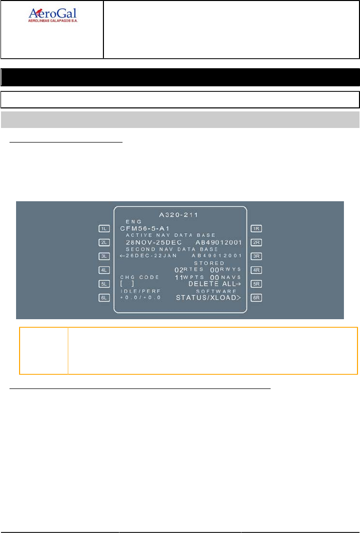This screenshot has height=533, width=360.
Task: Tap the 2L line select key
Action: click(x=104, y=242)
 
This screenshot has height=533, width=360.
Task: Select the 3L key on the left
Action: click(x=104, y=256)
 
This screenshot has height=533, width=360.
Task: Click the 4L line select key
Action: click(x=104, y=270)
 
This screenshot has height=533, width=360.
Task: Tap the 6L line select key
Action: click(x=104, y=298)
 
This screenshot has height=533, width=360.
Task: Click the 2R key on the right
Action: click(x=256, y=242)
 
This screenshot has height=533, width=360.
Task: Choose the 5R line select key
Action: click(x=256, y=284)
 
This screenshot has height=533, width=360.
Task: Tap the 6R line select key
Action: click(x=256, y=298)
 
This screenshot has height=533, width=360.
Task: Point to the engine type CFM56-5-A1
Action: click(x=145, y=228)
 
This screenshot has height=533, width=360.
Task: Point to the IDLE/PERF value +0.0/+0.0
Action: click(x=140, y=298)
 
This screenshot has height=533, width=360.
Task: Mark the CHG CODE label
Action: click(x=140, y=277)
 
